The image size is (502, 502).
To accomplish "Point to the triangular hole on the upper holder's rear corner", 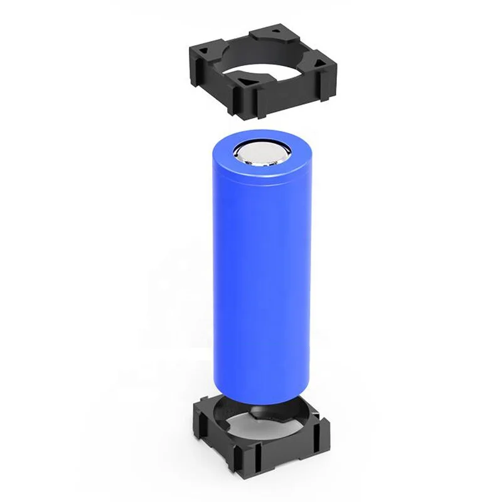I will [274, 29].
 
